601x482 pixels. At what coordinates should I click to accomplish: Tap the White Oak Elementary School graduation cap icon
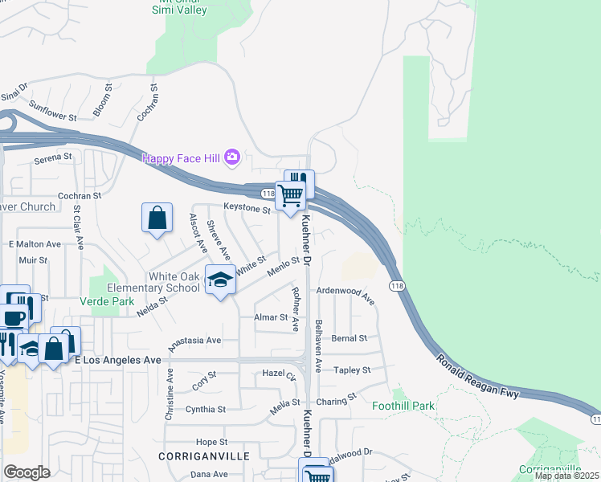coord(220,280)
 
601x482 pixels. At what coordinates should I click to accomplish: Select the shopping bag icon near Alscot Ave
coord(157,218)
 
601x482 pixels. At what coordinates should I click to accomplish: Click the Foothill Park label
coord(403,406)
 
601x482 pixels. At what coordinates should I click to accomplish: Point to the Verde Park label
coord(106,301)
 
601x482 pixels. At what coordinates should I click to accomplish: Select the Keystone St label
coord(247,209)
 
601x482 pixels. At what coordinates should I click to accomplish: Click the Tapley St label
coord(352,370)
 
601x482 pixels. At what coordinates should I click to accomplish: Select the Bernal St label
coord(349,338)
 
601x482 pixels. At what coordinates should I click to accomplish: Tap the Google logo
coord(27,472)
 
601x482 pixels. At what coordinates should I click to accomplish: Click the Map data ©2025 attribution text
coord(566,476)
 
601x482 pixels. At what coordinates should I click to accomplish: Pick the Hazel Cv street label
coord(280,374)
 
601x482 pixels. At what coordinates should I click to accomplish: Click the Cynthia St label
coord(205,409)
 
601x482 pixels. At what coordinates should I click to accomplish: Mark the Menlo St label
coord(284,265)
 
